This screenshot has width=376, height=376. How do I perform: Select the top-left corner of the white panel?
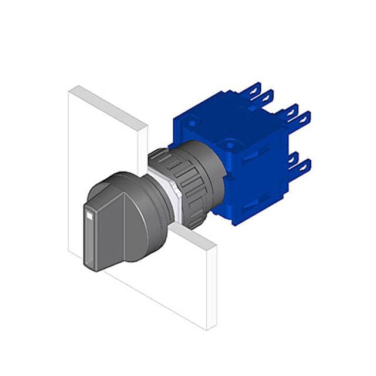(x=70, y=88)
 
